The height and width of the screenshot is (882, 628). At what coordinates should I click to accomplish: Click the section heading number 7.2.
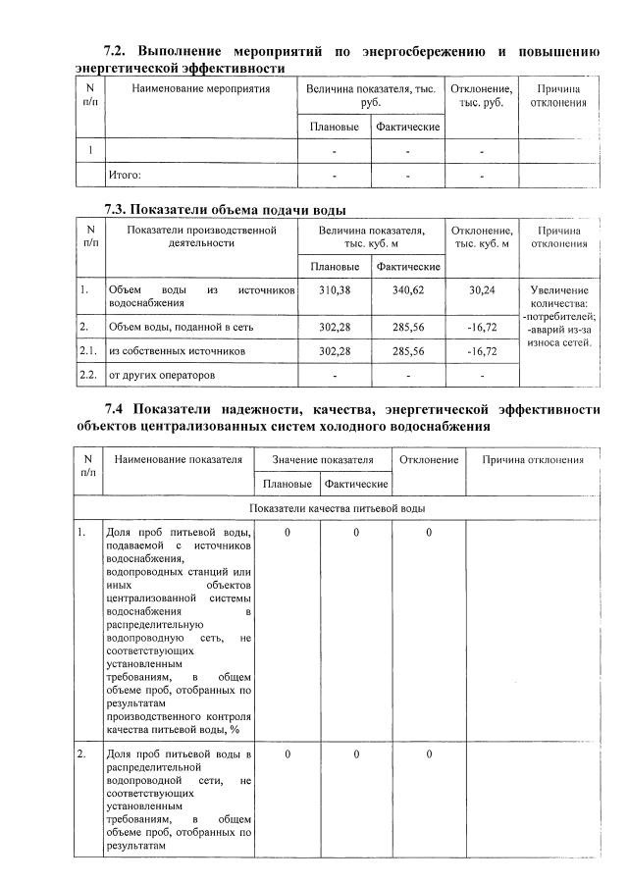pos(117,50)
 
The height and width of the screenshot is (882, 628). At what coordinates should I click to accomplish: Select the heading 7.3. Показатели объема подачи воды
pos(225,209)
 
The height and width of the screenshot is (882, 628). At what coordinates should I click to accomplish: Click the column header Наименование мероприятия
pos(200,89)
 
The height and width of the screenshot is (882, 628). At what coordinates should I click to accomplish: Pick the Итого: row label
pos(125,175)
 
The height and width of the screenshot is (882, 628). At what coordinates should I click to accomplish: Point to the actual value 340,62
pos(407,290)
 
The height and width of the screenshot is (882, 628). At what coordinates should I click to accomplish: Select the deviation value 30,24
pos(482,290)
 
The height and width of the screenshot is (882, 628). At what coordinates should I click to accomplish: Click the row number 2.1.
pos(88,350)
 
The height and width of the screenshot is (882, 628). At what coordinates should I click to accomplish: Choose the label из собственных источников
pos(177,350)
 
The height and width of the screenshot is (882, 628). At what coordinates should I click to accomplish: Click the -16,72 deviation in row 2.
pos(482,326)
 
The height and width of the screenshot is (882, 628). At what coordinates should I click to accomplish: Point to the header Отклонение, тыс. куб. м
pos(481,236)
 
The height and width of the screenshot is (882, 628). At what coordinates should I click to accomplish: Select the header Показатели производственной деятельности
pos(200,236)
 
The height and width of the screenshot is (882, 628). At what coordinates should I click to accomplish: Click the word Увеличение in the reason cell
pos(558,290)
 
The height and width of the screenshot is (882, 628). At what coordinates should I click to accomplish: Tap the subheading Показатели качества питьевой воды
pos(337,508)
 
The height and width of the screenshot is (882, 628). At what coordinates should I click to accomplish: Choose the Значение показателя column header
pos(323,459)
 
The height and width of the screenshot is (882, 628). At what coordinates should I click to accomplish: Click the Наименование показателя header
pos(178,459)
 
